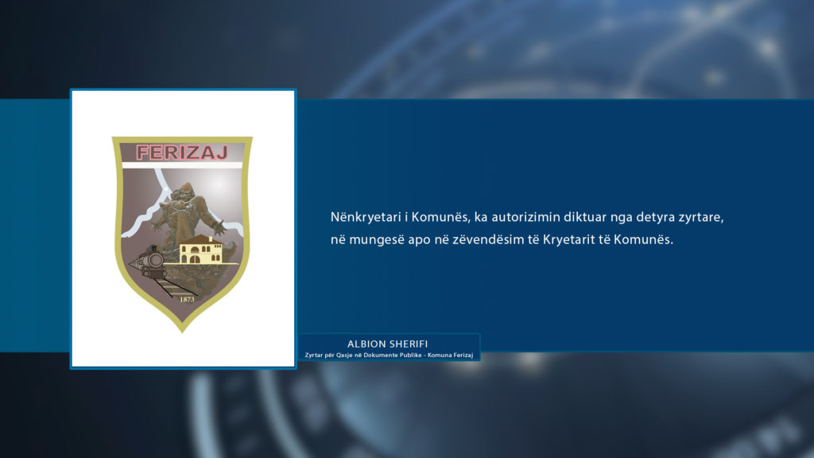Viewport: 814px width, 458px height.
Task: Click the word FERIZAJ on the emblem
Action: (x=182, y=152)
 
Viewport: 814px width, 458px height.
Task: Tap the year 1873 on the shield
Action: (x=187, y=299)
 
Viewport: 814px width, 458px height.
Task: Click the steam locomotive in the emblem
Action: (x=147, y=262)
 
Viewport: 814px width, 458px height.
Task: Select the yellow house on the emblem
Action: (x=200, y=250)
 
